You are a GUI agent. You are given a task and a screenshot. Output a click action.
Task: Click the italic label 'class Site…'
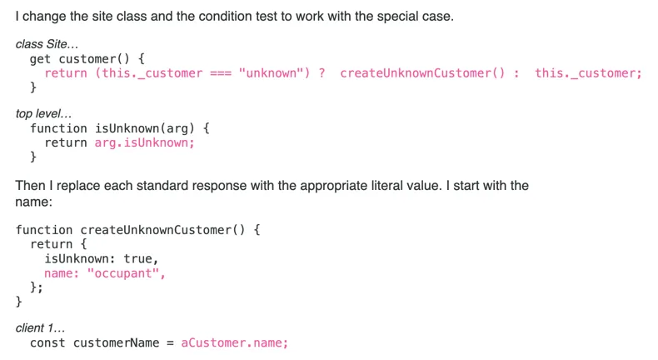pyautogui.click(x=47, y=44)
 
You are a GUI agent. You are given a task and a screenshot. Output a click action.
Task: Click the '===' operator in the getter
pyautogui.click(x=220, y=73)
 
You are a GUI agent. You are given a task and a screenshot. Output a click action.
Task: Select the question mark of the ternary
pyautogui.click(x=322, y=73)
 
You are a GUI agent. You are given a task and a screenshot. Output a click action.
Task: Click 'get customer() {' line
pyautogui.click(x=87, y=59)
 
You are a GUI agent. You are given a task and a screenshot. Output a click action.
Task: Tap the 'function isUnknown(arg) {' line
pyautogui.click(x=120, y=128)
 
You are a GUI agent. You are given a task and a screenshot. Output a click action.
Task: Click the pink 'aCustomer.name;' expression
pyautogui.click(x=235, y=342)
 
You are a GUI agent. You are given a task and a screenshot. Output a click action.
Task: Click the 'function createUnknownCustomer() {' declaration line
pyautogui.click(x=137, y=229)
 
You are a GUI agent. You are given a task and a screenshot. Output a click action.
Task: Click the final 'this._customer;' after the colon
pyautogui.click(x=588, y=73)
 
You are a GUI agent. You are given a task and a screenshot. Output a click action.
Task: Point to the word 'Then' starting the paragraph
pyautogui.click(x=30, y=185)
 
